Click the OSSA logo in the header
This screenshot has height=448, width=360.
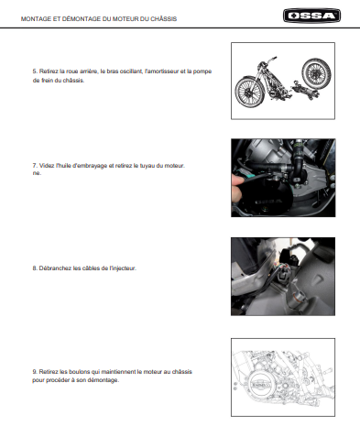pyautogui.click(x=311, y=16)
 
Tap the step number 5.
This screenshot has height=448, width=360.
pyautogui.click(x=35, y=71)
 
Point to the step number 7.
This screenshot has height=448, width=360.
pyautogui.click(x=35, y=166)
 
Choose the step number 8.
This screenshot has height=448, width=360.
pyautogui.click(x=35, y=268)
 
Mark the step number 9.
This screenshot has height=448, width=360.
pyautogui.click(x=35, y=372)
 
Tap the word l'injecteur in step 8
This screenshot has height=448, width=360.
pyautogui.click(x=123, y=268)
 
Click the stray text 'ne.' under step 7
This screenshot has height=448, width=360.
pyautogui.click(x=37, y=173)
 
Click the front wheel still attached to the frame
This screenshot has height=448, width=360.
pyautogui.click(x=249, y=92)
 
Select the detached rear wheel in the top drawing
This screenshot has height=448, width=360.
pyautogui.click(x=316, y=72)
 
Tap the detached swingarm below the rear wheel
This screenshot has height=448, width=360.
pyautogui.click(x=304, y=90)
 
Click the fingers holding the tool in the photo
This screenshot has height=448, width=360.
pyautogui.click(x=237, y=187)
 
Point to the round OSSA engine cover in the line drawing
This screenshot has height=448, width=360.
pyautogui.click(x=260, y=385)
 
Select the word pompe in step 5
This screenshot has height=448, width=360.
pyautogui.click(x=202, y=71)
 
